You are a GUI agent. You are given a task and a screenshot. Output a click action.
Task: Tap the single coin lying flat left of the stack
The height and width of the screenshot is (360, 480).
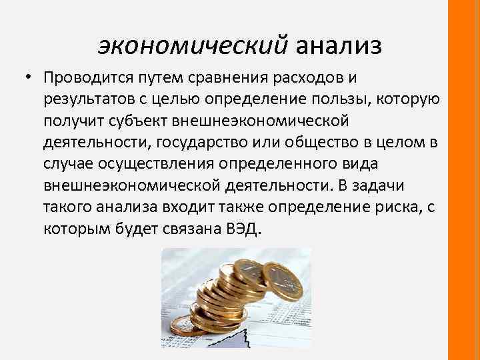point(181,326)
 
